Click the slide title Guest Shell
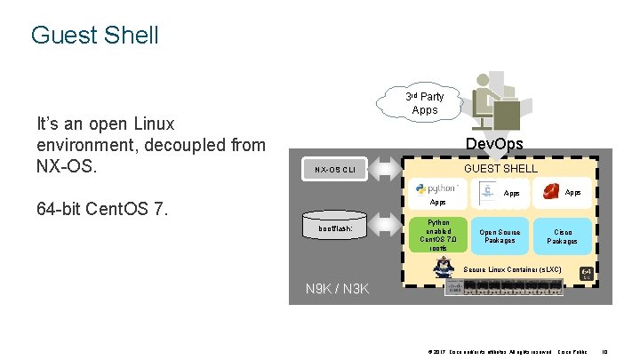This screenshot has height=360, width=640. (x=94, y=36)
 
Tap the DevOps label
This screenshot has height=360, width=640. (x=494, y=143)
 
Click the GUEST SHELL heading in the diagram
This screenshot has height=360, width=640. (x=501, y=168)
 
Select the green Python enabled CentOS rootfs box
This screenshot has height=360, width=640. (x=439, y=236)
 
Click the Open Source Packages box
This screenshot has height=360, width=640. (x=500, y=236)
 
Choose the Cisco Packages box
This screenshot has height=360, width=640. (x=562, y=236)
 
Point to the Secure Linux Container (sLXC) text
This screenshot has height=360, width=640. (x=513, y=269)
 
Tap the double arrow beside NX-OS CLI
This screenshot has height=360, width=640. (x=388, y=169)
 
